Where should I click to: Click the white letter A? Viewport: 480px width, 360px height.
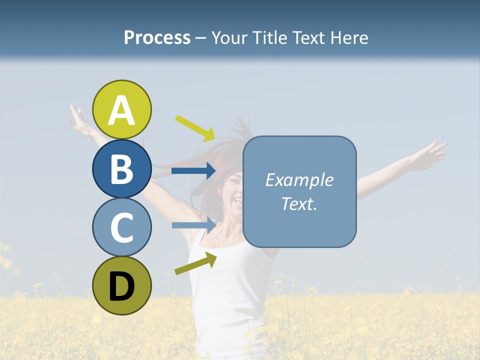(x=122, y=111)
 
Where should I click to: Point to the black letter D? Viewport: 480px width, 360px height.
(x=122, y=287)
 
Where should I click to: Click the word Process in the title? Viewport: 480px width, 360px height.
(x=157, y=38)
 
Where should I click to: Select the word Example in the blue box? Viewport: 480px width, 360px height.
(x=299, y=180)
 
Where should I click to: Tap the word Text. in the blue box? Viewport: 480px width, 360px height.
(x=299, y=204)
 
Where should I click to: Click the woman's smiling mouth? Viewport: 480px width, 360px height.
(x=237, y=201)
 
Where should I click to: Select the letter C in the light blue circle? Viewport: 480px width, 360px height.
(x=122, y=228)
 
